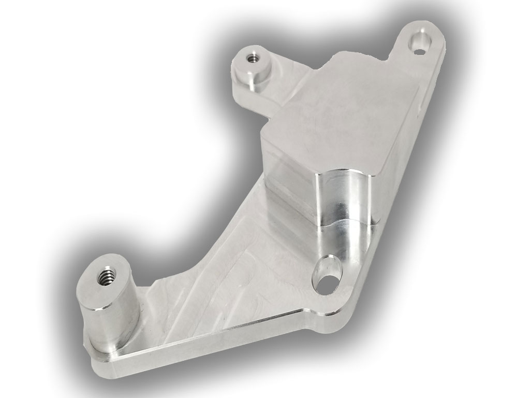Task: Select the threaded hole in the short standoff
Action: point(253,57)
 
